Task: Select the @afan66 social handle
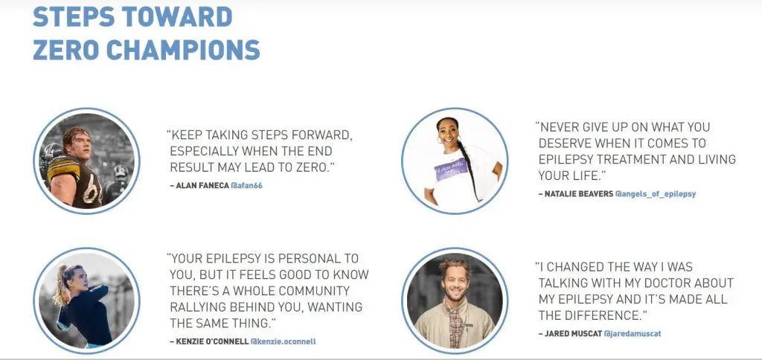(x=246, y=186)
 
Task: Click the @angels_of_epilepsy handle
(x=656, y=194)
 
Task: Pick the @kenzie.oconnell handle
(x=284, y=341)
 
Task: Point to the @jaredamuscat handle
(x=633, y=334)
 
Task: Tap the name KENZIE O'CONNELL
(x=212, y=341)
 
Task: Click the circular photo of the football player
(x=86, y=161)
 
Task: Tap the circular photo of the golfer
(x=86, y=300)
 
